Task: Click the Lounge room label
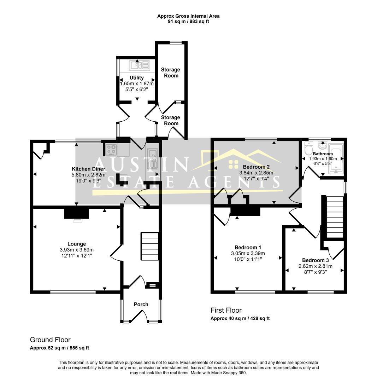(x=77, y=244)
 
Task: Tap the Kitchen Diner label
(x=88, y=169)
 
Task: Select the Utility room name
(x=136, y=77)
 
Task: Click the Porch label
(x=141, y=304)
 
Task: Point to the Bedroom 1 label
(x=248, y=248)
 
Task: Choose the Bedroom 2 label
(x=256, y=167)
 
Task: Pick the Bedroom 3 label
(x=316, y=260)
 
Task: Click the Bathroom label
(x=323, y=154)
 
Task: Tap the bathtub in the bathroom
(x=335, y=159)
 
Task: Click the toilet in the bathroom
(x=308, y=148)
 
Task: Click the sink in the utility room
(x=140, y=65)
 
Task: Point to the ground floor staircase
(x=150, y=246)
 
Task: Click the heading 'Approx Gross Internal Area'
(x=188, y=16)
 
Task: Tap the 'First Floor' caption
(x=226, y=311)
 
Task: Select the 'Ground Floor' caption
(x=50, y=340)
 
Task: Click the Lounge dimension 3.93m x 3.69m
(x=77, y=250)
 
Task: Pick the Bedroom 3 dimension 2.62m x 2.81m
(x=316, y=266)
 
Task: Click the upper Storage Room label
(x=171, y=73)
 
